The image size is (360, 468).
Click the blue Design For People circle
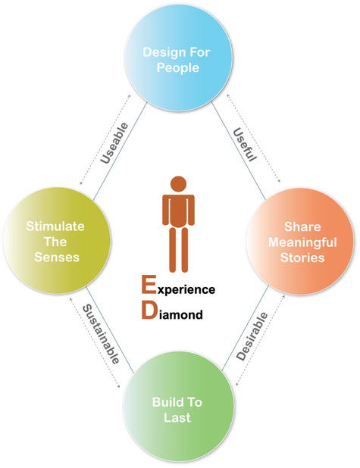[178, 58]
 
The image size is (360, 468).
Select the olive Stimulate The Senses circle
[57, 241]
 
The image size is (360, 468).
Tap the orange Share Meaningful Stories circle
[300, 241]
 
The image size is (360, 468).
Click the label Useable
[114, 143]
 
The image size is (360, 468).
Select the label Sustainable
[101, 334]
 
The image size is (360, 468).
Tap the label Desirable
[252, 336]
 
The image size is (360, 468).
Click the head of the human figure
[178, 184]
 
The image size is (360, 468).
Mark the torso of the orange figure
[178, 211]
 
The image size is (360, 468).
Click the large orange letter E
[149, 285]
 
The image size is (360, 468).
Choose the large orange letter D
[149, 310]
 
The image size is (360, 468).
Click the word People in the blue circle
[178, 68]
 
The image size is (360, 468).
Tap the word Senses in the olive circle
[57, 257]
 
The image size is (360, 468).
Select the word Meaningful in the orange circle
[302, 242]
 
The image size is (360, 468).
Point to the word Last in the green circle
[177, 417]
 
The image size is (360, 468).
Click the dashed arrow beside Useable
[105, 139]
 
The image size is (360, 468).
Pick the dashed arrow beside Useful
[253, 138]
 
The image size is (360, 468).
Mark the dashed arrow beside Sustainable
[95, 342]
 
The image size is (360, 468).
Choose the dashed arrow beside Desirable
[260, 340]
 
